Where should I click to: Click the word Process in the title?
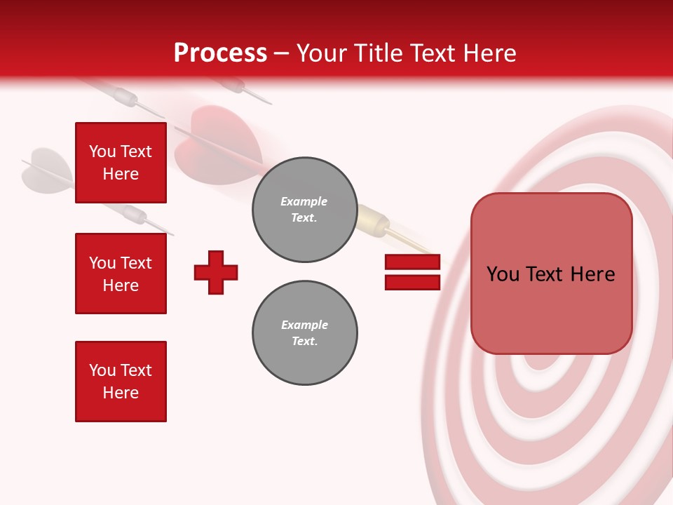coord(220,53)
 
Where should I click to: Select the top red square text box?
coord(121,163)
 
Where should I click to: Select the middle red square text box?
coord(121,274)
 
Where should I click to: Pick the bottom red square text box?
coord(121,382)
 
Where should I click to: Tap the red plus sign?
coord(216,272)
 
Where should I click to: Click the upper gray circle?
coord(304,210)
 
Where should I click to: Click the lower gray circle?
coord(304,333)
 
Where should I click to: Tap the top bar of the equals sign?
coord(412,262)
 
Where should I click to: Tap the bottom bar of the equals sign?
coord(412,282)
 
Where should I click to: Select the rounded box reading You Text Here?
coord(551,274)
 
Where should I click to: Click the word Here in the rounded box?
coord(592,274)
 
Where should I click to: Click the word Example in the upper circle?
coord(304,201)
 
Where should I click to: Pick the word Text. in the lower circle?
coord(304,342)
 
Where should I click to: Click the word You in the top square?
coord(102,151)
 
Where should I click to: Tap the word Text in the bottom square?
coord(135,370)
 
